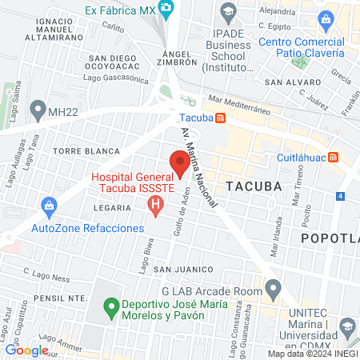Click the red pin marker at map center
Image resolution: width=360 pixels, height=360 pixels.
179,164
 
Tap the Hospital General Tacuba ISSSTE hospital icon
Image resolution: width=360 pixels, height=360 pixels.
156,207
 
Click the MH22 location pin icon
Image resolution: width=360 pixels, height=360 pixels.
37,108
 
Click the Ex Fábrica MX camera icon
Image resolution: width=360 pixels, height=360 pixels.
166,10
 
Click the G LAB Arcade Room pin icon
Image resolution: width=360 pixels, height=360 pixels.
274,286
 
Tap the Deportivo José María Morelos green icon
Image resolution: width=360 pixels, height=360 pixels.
111,306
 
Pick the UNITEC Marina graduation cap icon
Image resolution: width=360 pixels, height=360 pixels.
347,326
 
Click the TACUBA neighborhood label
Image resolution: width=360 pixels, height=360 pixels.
254,186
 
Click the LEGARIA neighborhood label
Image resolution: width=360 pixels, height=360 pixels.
111,208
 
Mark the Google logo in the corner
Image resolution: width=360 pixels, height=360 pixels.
26,350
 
